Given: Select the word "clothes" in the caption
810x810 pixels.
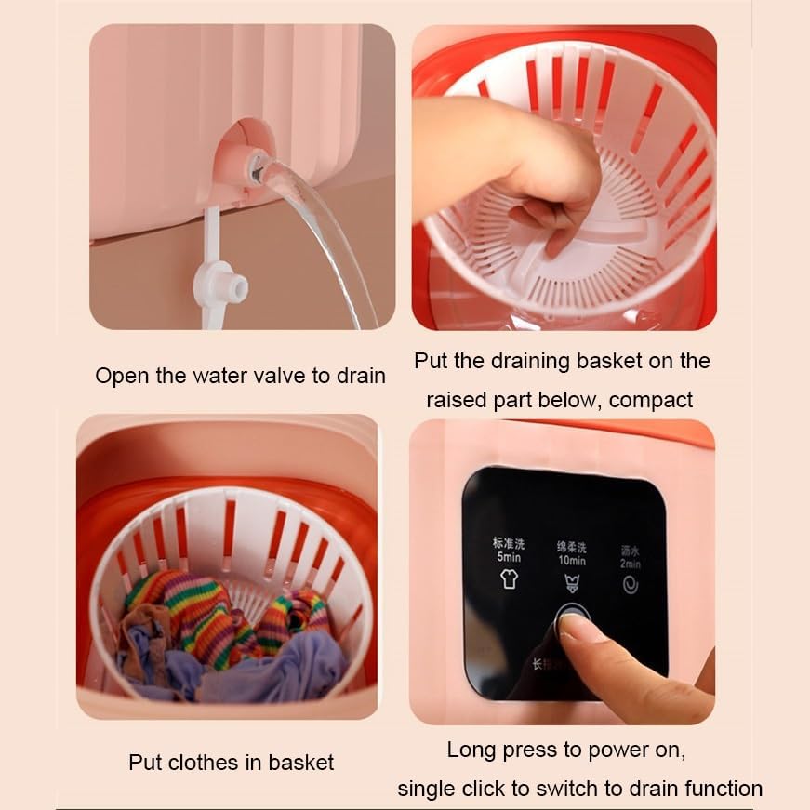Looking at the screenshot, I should (x=202, y=763).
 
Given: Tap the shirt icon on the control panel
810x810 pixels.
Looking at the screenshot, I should (x=509, y=580).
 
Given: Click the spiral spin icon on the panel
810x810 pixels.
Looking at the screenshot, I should (x=630, y=585).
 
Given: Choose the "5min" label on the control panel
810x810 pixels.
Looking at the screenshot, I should (x=509, y=556).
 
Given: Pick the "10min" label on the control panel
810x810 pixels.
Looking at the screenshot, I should (x=571, y=560).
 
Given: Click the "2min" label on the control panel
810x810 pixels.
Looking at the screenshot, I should (x=631, y=564).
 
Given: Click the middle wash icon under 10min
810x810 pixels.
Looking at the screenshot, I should (x=571, y=584).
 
